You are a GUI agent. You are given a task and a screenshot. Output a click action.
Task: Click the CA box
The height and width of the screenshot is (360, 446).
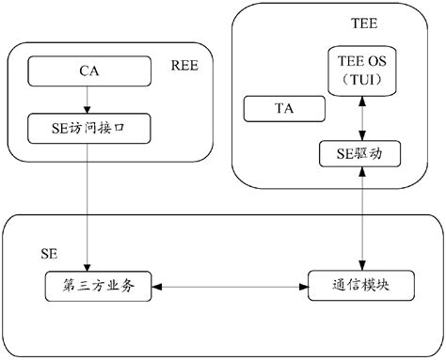click(x=87, y=69)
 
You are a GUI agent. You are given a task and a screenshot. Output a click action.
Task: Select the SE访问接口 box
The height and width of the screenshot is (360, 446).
click(x=87, y=125)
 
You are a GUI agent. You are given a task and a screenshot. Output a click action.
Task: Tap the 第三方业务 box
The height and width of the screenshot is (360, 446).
click(x=98, y=286)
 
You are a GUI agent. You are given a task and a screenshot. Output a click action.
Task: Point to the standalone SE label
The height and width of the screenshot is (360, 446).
click(x=50, y=254)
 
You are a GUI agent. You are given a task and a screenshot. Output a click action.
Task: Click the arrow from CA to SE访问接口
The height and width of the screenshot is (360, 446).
click(x=87, y=97)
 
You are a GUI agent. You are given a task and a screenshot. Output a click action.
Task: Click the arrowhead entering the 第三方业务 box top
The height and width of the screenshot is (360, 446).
click(x=87, y=267)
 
